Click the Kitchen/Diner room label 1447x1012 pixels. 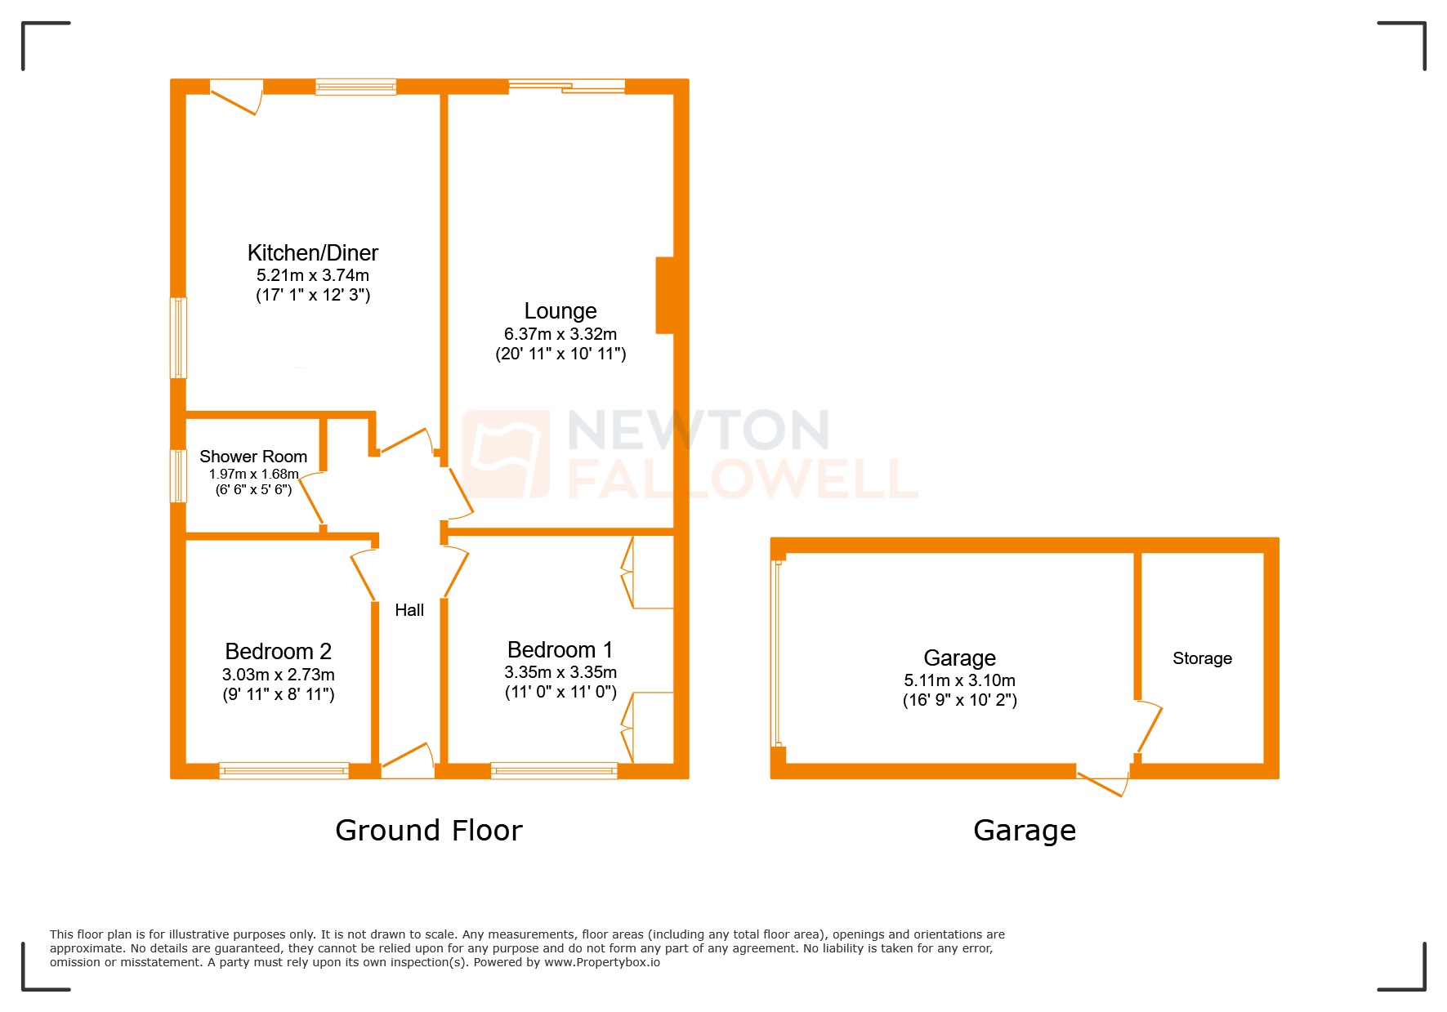(312, 253)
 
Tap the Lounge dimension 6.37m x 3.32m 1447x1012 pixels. (560, 334)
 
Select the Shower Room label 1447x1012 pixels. (253, 457)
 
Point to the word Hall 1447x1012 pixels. (409, 610)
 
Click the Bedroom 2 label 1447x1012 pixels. (278, 652)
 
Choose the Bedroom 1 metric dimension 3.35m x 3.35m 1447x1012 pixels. (560, 672)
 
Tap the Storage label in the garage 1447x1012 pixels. (1202, 658)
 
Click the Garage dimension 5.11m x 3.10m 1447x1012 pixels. (959, 680)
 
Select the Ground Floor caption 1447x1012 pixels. (428, 831)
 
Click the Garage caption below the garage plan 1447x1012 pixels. (1025, 831)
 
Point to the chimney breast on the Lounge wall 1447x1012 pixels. (665, 295)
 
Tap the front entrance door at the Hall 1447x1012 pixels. (408, 760)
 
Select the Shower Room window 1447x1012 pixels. (178, 475)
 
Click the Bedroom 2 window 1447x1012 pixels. (284, 770)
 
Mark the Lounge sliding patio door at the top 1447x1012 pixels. (567, 87)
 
